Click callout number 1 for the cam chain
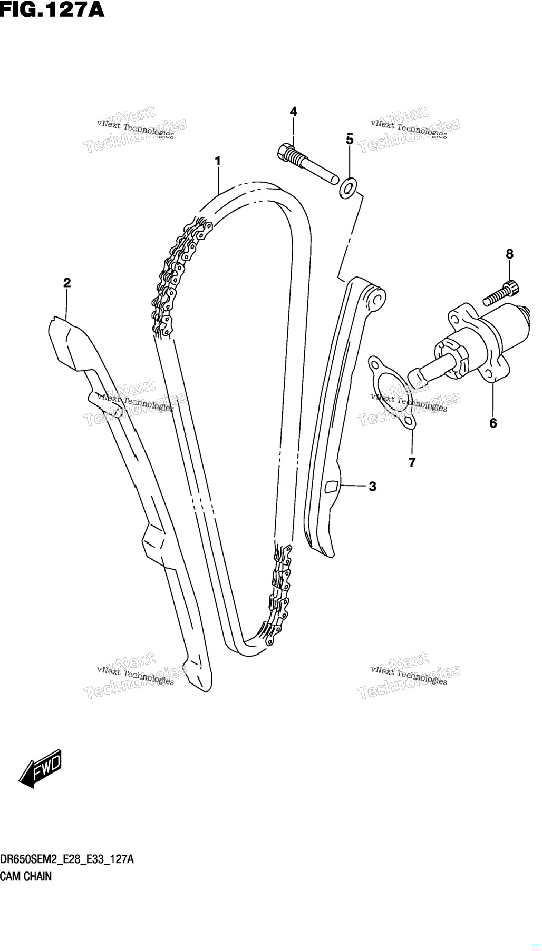pos(217,161)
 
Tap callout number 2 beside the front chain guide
pos(67,283)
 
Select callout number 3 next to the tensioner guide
pos(372,487)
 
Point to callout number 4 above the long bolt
pos(293,112)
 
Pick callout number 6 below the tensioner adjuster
pos(493,423)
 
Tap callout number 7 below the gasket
pos(412,462)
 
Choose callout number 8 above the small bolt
pos(509,254)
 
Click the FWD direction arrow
pos(40,769)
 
